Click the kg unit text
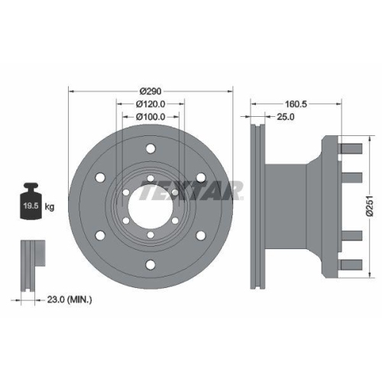[50, 207]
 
